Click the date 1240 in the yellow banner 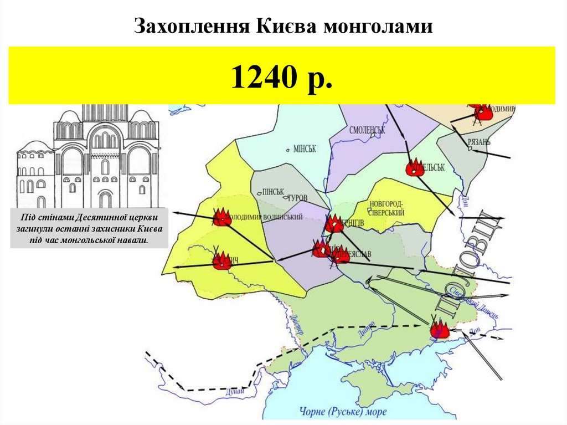click(261, 76)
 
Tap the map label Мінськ click(304, 149)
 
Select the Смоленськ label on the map click(367, 130)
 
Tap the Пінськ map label click(272, 192)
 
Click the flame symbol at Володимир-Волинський click(221, 217)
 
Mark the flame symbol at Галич click(221, 260)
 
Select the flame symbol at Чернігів click(334, 223)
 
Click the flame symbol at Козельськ click(414, 167)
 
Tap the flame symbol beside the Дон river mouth click(439, 329)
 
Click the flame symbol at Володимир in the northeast click(483, 112)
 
